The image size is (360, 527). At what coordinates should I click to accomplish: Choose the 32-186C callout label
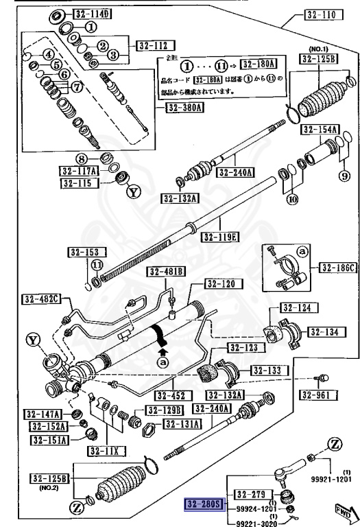[x=337, y=267]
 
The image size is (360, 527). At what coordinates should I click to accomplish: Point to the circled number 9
[x=345, y=175]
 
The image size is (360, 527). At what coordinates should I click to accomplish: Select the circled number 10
[x=293, y=200]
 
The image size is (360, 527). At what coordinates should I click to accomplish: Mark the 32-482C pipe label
[x=42, y=298]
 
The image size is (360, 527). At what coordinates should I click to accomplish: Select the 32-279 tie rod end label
[x=250, y=493]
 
